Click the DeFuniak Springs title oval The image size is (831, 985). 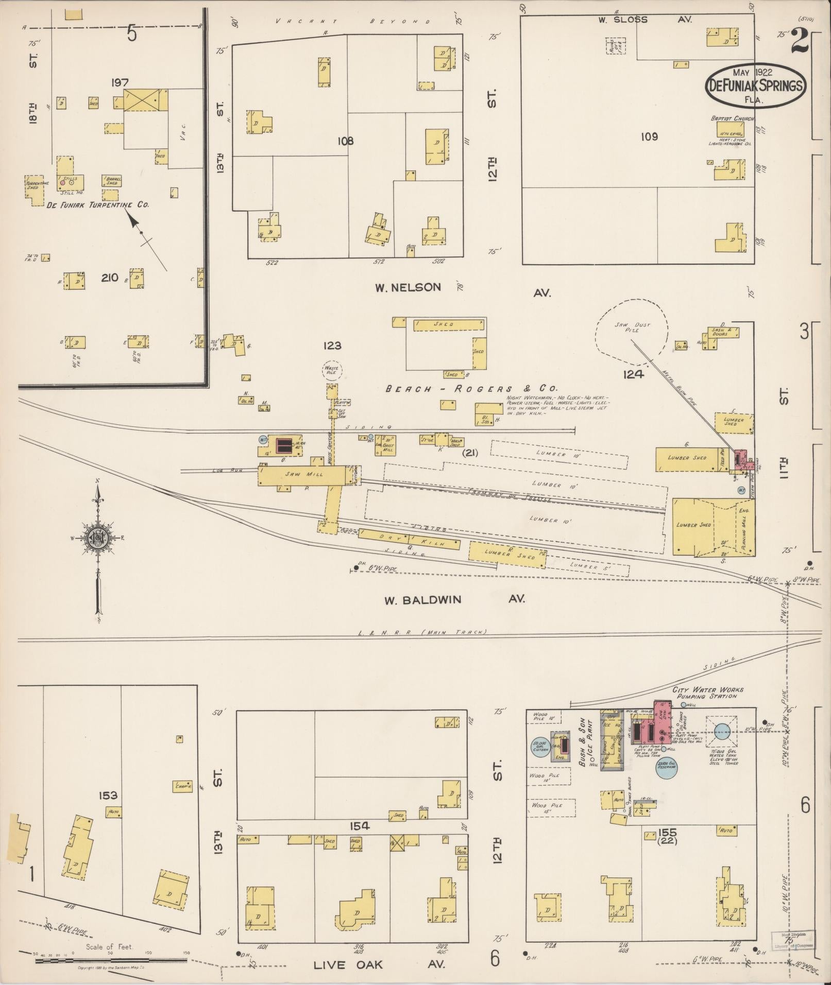point(755,85)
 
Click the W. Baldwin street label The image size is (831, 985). point(422,600)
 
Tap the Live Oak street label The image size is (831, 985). point(348,964)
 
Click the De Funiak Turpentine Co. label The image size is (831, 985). point(97,204)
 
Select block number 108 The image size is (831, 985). point(345,141)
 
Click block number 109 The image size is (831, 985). point(649,136)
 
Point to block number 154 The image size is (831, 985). point(359,826)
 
